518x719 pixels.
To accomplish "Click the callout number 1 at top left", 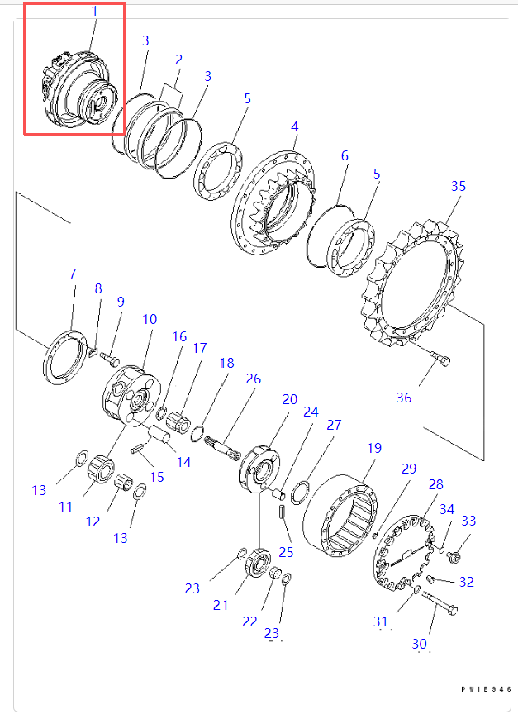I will [94, 12].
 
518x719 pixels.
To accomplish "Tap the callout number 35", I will [458, 186].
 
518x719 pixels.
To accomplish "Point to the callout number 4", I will [294, 127].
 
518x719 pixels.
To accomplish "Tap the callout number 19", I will [374, 449].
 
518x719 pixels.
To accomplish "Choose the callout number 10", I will [150, 319].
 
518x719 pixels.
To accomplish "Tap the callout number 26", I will [253, 379].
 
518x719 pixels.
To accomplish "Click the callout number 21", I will [221, 605].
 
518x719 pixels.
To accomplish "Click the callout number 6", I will [345, 155].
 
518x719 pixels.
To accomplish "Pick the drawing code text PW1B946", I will [486, 688].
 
